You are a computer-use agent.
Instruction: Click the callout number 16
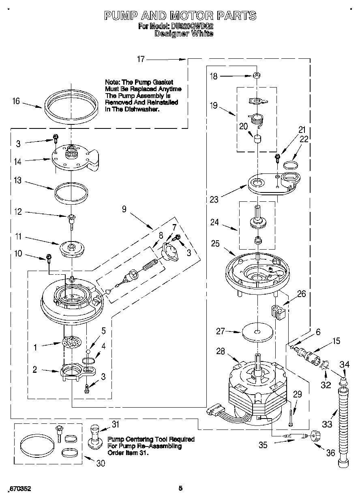pyautogui.click(x=16, y=101)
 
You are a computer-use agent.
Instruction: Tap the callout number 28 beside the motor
pyautogui.click(x=221, y=351)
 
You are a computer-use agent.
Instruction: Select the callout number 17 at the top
pyautogui.click(x=140, y=59)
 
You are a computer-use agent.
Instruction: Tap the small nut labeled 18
pyautogui.click(x=256, y=75)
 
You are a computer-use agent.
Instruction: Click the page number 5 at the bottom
pyautogui.click(x=181, y=489)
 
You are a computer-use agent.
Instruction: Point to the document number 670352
pyautogui.click(x=19, y=489)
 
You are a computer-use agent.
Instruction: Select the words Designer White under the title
pyautogui.click(x=184, y=34)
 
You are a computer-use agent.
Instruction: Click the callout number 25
pyautogui.click(x=215, y=243)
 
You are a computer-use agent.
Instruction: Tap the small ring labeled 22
pyautogui.click(x=290, y=165)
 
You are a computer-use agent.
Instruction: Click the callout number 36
pyautogui.click(x=331, y=452)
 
